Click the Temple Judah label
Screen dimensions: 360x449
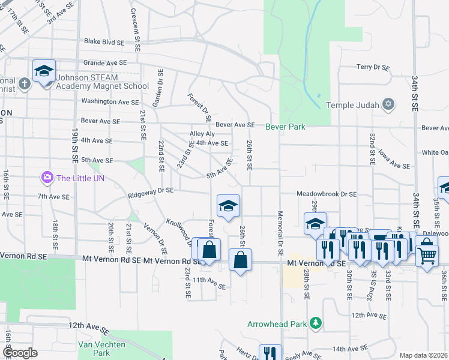point(354,105)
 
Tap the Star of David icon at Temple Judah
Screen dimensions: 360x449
point(388,105)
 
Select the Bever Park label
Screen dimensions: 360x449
point(286,127)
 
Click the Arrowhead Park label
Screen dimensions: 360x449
point(277,324)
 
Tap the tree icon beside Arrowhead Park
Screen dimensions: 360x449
point(315,324)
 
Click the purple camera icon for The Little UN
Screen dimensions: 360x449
point(47,178)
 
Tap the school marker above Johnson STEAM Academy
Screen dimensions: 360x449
point(44,72)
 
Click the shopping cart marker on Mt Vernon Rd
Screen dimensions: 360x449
point(427,255)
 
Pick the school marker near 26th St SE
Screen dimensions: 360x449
point(228,207)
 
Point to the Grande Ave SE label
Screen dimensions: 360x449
point(105,62)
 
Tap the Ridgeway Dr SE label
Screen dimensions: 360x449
point(150,191)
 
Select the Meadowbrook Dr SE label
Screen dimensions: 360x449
point(327,194)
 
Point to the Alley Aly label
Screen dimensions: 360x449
point(202,134)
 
